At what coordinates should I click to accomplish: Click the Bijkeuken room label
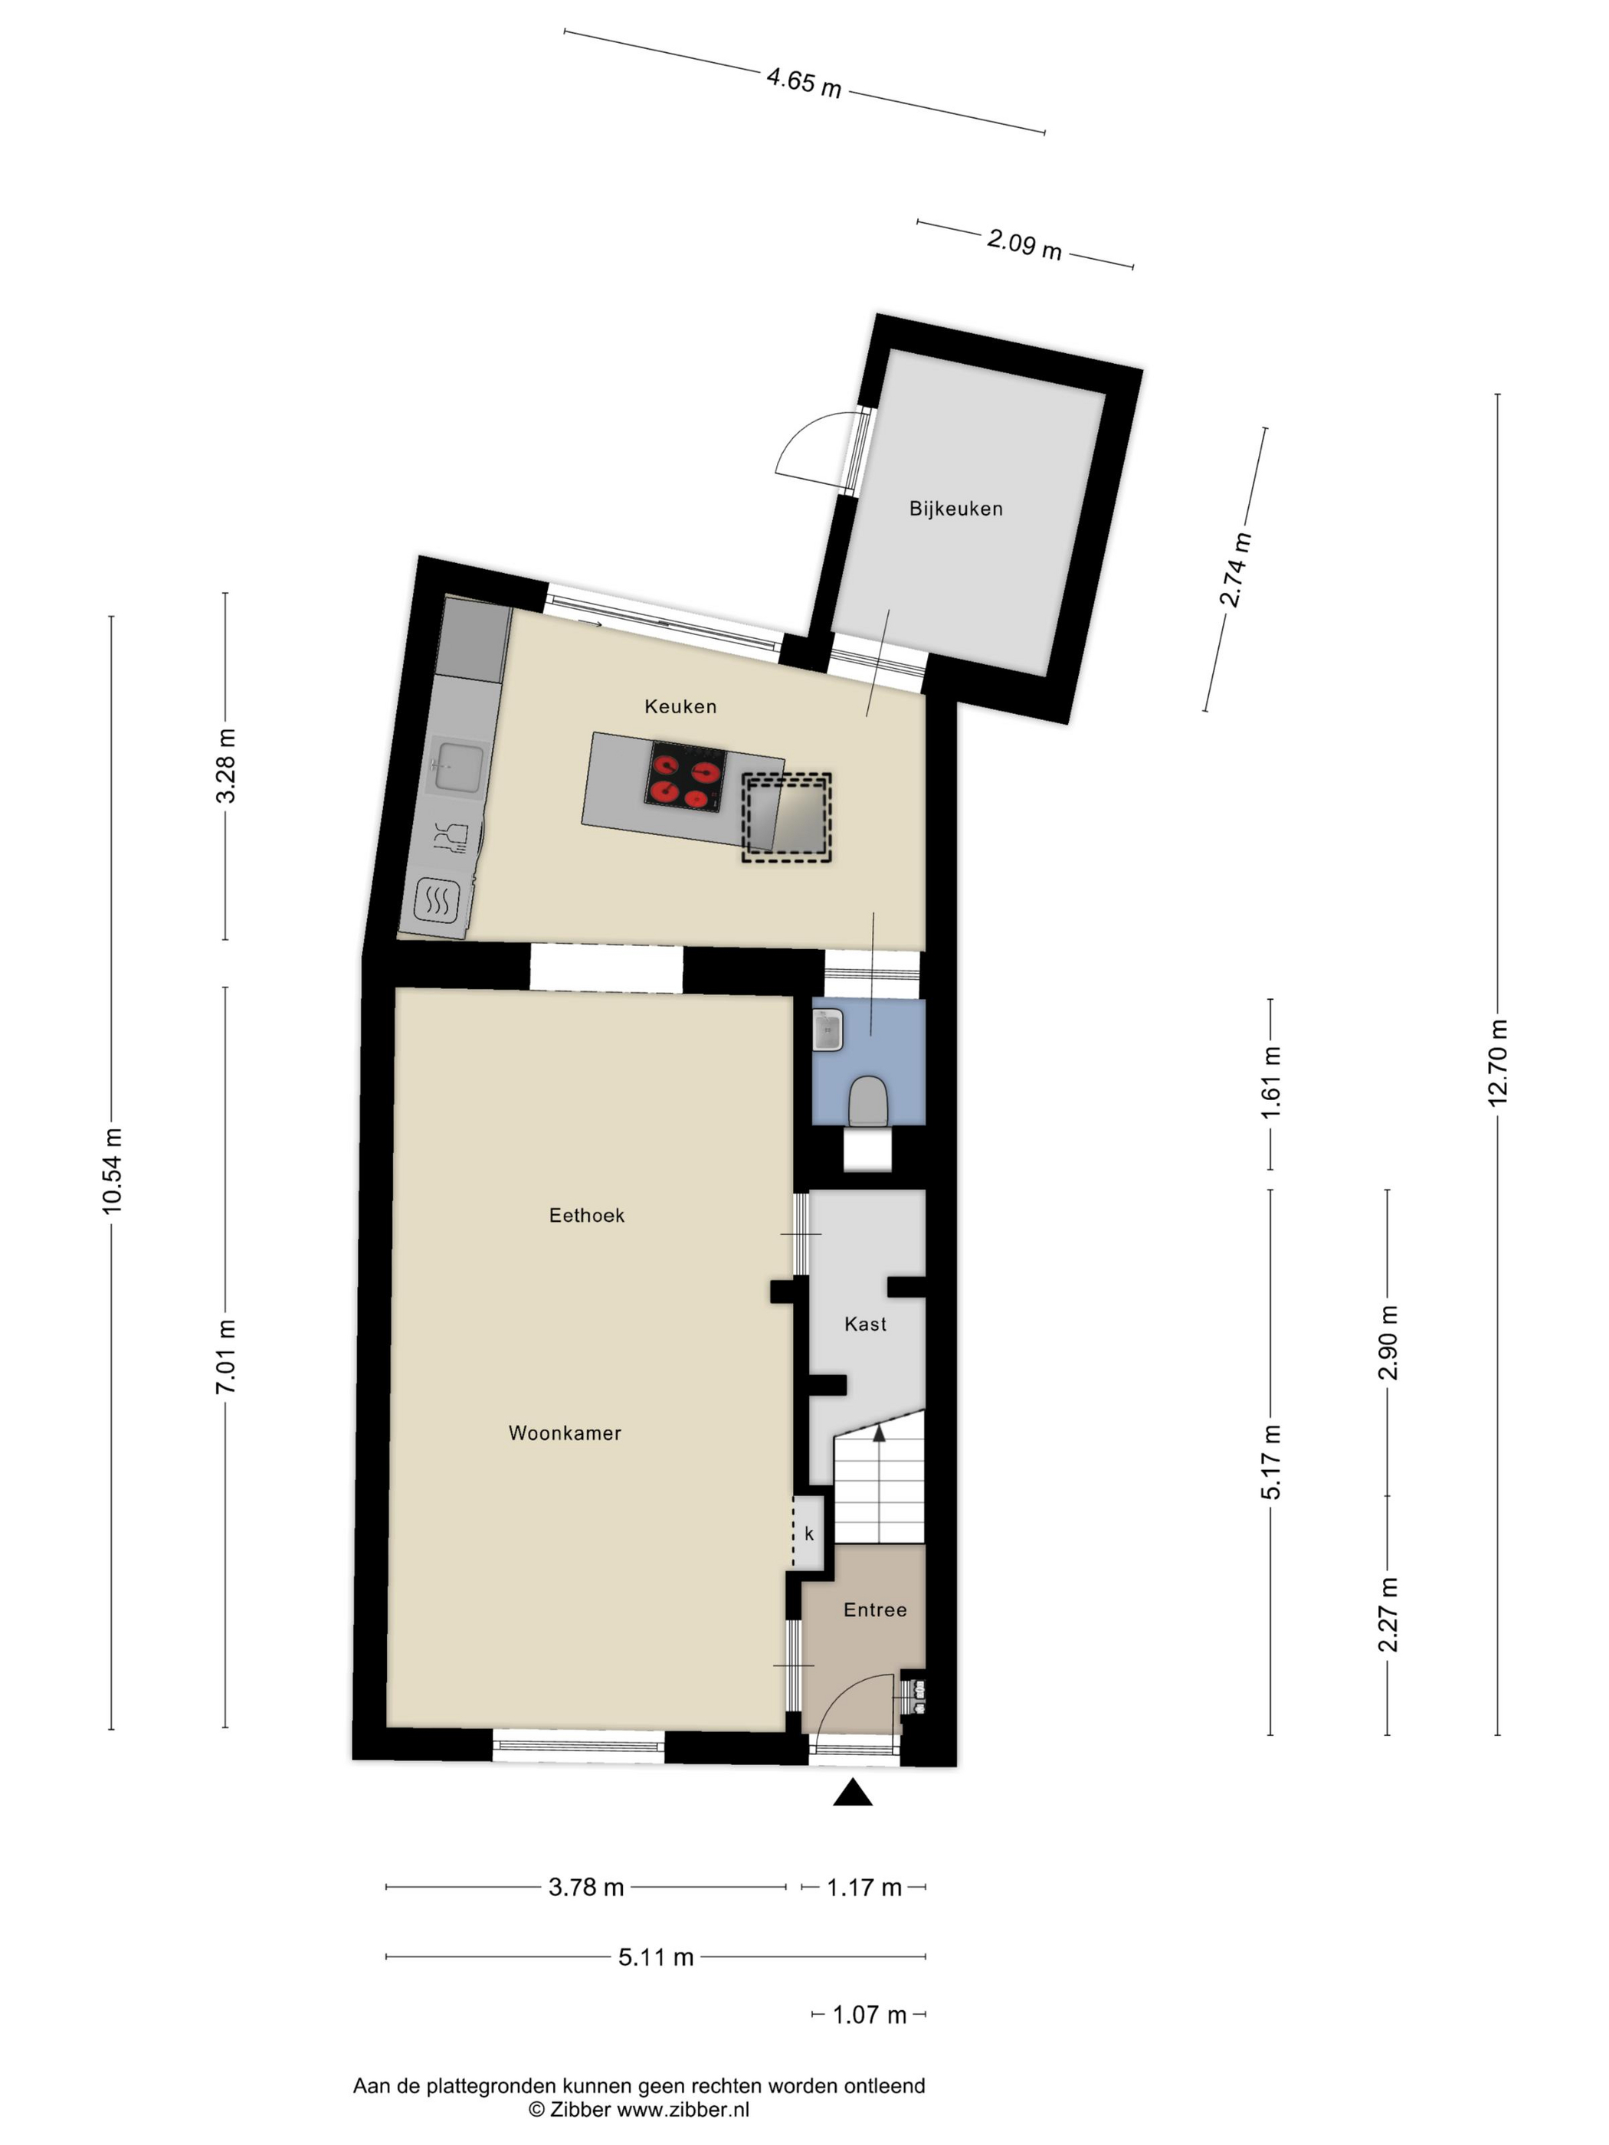click(955, 508)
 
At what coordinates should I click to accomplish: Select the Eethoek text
click(587, 1215)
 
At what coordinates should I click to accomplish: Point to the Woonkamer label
click(565, 1433)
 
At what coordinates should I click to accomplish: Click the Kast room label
click(865, 1324)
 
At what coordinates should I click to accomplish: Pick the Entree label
click(875, 1610)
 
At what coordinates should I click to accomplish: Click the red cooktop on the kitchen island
click(686, 777)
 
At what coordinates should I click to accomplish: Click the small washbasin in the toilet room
click(828, 1029)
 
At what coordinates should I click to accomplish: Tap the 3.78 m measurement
click(586, 1887)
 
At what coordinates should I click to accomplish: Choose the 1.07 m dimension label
click(869, 2015)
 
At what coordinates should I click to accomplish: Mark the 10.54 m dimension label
click(112, 1171)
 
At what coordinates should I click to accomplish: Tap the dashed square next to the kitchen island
click(787, 817)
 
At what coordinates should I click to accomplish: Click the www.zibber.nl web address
click(683, 2109)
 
